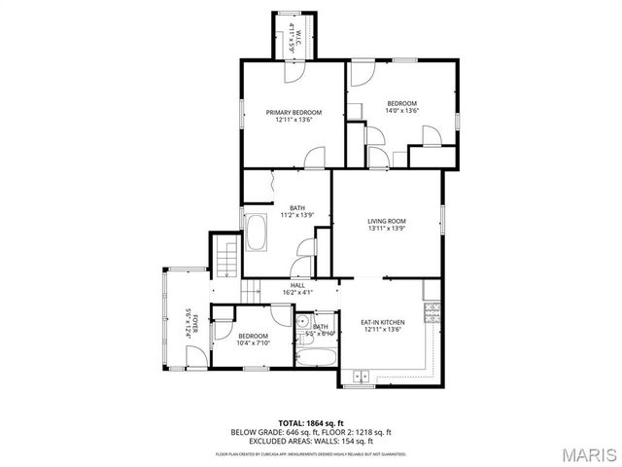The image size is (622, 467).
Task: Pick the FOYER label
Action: click(192, 322)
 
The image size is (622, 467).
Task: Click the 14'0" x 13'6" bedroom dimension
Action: click(401, 111)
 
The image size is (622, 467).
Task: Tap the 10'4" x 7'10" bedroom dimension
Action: click(253, 342)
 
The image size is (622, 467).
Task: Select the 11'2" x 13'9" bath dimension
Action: click(295, 214)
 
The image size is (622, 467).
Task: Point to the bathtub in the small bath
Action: click(315, 357)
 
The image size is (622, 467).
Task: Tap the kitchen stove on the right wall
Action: click(433, 311)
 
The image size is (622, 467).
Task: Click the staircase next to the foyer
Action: click(226, 258)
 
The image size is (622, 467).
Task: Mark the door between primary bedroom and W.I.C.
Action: click(292, 71)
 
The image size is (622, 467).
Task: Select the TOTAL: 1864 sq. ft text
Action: click(310, 422)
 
